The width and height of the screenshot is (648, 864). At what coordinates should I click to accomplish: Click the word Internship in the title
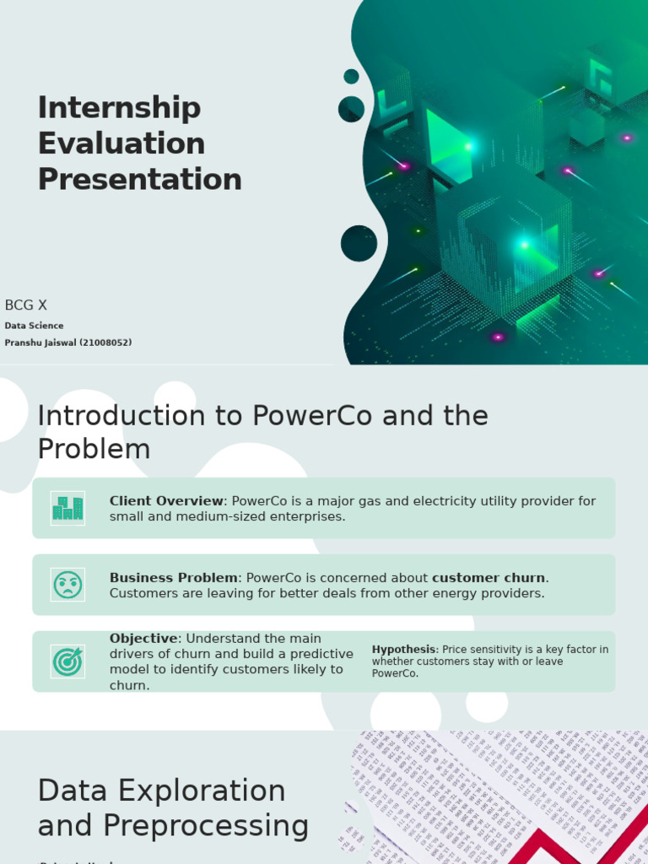pyautogui.click(x=119, y=108)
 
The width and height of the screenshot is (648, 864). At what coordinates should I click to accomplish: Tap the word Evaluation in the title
pyautogui.click(x=121, y=143)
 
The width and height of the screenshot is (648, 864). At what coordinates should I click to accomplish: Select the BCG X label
pyautogui.click(x=25, y=305)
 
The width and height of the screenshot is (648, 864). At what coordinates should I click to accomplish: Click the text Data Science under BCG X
pyautogui.click(x=34, y=326)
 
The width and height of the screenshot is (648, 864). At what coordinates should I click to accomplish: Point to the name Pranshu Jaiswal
pyautogui.click(x=40, y=343)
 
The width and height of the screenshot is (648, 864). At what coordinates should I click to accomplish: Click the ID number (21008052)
pyautogui.click(x=105, y=343)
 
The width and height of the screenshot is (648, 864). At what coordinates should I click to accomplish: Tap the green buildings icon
pyautogui.click(x=67, y=508)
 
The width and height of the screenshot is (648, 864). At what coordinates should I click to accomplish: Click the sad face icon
pyautogui.click(x=67, y=585)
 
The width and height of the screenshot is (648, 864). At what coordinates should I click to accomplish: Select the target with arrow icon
pyautogui.click(x=67, y=661)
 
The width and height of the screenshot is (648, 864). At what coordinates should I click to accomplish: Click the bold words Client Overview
pyautogui.click(x=166, y=501)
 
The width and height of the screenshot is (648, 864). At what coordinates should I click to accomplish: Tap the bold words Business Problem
pyautogui.click(x=173, y=578)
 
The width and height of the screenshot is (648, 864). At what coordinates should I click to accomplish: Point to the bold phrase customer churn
pyautogui.click(x=489, y=578)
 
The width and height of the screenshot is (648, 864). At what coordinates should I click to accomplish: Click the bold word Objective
pyautogui.click(x=143, y=639)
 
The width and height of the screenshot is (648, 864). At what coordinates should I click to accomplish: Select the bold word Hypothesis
pyautogui.click(x=403, y=650)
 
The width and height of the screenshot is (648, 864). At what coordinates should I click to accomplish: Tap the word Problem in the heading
pyautogui.click(x=94, y=450)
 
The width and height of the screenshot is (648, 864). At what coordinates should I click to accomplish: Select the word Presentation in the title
pyautogui.click(x=139, y=179)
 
